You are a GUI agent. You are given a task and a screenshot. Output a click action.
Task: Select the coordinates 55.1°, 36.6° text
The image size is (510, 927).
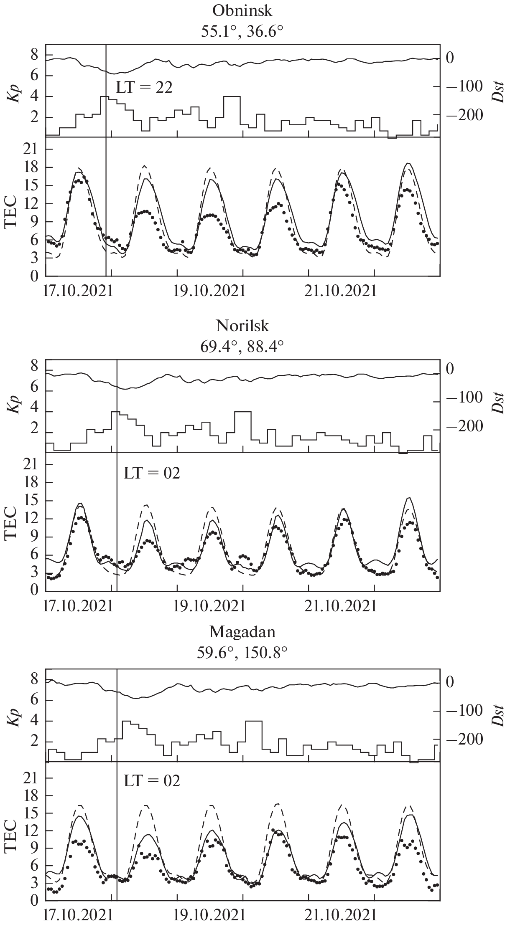click(x=242, y=31)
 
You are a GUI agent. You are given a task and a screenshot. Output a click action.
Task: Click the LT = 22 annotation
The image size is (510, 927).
click(x=144, y=88)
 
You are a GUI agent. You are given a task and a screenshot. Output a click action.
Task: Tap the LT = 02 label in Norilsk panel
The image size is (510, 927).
click(x=152, y=473)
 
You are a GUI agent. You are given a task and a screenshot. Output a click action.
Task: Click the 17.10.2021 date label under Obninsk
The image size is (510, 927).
click(x=78, y=291)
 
